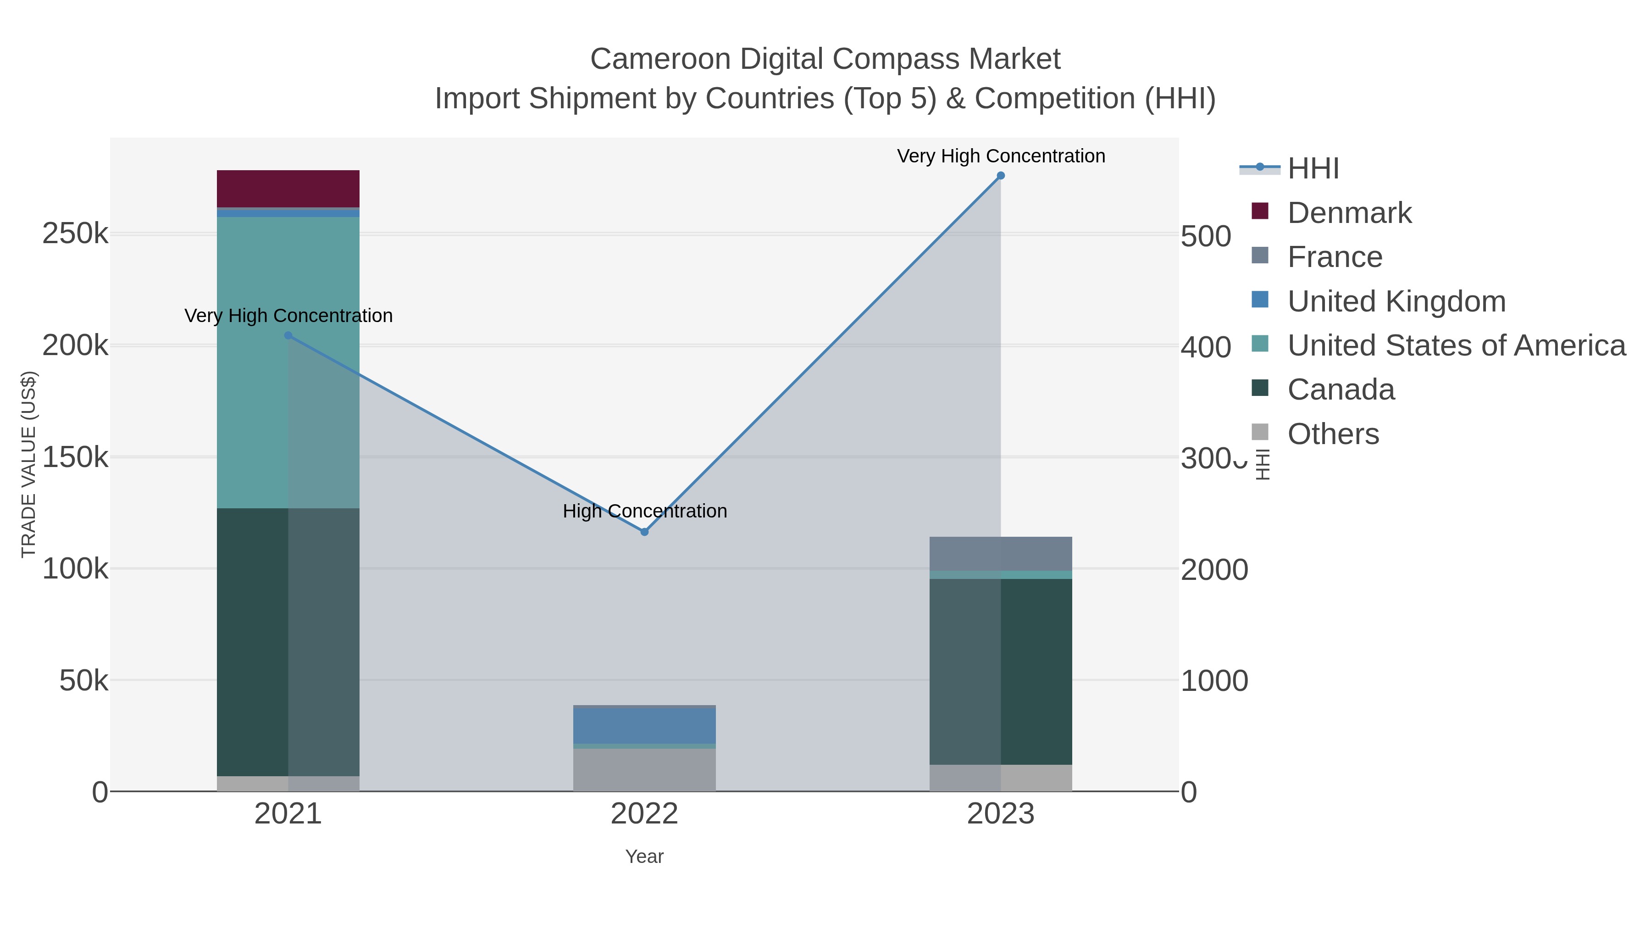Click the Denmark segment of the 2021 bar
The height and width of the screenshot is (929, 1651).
pos(288,189)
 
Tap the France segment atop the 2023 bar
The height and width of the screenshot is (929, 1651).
pos(1001,553)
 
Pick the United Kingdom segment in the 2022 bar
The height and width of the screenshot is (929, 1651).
pos(644,726)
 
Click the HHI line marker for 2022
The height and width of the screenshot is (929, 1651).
pos(645,532)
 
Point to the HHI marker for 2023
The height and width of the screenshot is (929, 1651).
pos(1001,176)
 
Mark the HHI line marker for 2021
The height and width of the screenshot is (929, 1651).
pos(288,335)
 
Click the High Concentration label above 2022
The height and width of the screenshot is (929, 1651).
pos(645,511)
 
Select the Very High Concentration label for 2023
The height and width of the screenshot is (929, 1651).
pos(1001,156)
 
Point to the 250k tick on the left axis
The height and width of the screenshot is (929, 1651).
pos(75,234)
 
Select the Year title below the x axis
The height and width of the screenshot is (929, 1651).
pos(644,857)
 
